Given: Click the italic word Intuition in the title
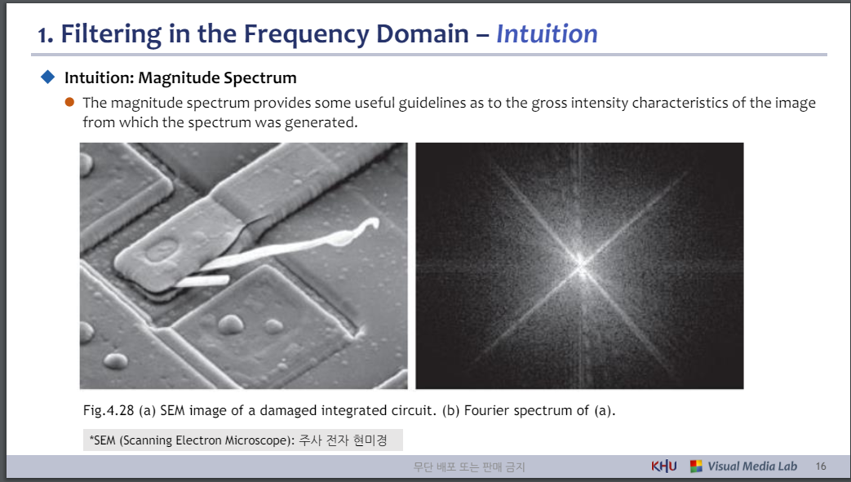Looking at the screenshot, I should [x=547, y=33].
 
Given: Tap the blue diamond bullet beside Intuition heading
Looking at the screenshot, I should [x=47, y=77].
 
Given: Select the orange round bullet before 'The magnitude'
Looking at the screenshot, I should [x=69, y=103].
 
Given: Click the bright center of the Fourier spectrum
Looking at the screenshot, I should [x=582, y=263].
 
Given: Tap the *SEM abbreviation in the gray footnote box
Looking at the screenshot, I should [x=104, y=441].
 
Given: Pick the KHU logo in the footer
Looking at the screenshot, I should [x=663, y=467].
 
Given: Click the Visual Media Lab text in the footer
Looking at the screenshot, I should [x=751, y=467].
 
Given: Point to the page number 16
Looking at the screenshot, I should [x=820, y=467].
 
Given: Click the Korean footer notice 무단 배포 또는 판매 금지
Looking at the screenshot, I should [x=469, y=467].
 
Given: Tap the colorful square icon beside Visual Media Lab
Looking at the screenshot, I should [x=696, y=467].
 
